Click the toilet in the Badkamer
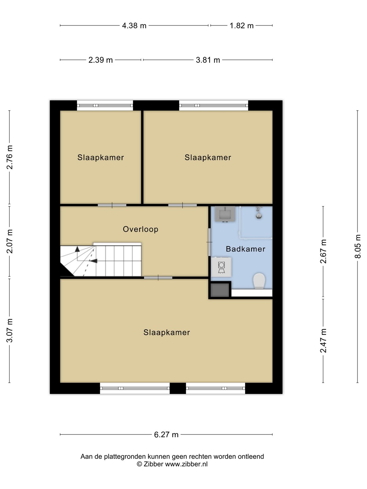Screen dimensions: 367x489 pyautogui.click(x=259, y=281)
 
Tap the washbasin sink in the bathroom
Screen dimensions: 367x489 pyautogui.click(x=225, y=214)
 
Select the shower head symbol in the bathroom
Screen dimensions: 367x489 pyautogui.click(x=259, y=213)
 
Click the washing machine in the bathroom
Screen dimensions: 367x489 pyautogui.click(x=221, y=267)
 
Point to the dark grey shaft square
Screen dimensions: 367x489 pyautogui.click(x=220, y=290)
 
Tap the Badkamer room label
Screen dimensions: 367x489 pyautogui.click(x=246, y=249)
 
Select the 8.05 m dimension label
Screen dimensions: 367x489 pyautogui.click(x=357, y=246)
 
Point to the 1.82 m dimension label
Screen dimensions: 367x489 pyautogui.click(x=242, y=25)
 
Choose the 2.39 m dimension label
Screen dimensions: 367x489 pyautogui.click(x=101, y=60)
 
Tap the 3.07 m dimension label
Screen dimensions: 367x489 pyautogui.click(x=10, y=331)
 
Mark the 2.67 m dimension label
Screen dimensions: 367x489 pyautogui.click(x=323, y=251)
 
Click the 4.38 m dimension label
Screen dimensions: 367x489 pyautogui.click(x=134, y=25)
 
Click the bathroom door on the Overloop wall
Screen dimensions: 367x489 pyautogui.click(x=209, y=242)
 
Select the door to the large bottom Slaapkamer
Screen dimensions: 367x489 pyautogui.click(x=158, y=277)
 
